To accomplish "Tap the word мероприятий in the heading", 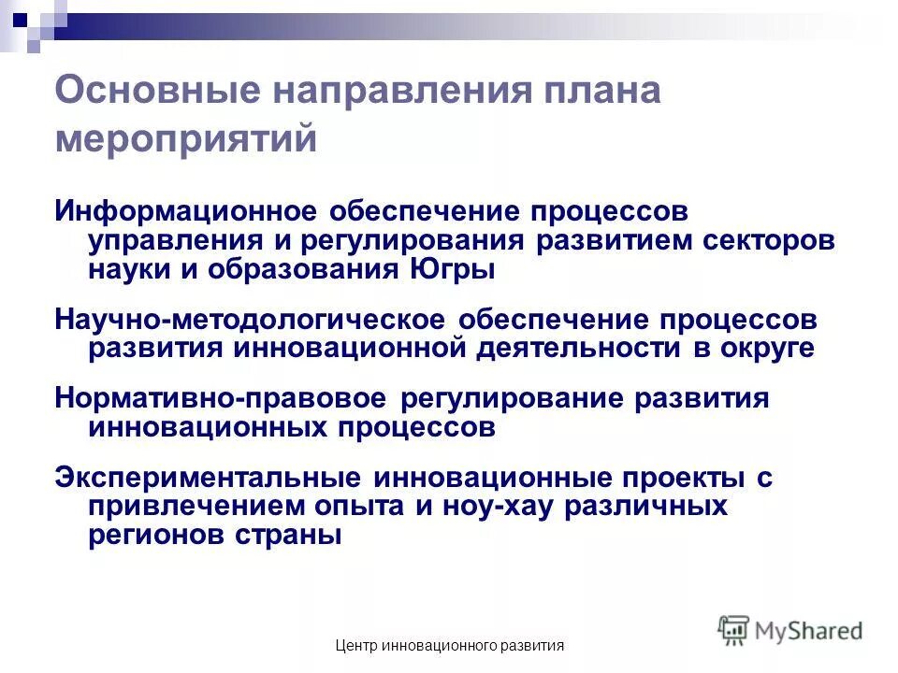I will click(186, 140).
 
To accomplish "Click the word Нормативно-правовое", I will click(221, 397).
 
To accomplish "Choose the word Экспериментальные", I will click(208, 477).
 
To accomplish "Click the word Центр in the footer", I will click(355, 646).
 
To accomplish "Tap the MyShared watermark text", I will click(810, 630).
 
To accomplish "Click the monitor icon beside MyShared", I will click(734, 629).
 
